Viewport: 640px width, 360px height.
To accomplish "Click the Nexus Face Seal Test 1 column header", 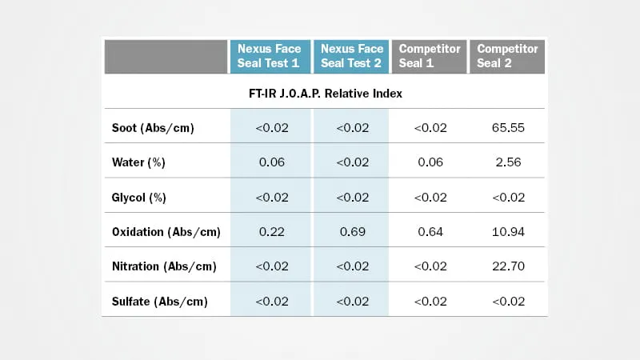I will click(269, 56).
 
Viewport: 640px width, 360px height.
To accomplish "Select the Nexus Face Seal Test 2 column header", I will click(351, 56).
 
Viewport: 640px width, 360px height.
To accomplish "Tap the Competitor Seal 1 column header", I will click(429, 56).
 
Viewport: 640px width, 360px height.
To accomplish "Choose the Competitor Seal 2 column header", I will click(507, 56).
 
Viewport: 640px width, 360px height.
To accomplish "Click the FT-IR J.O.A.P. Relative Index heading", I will click(325, 93).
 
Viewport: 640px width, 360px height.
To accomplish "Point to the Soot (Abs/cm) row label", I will click(153, 128).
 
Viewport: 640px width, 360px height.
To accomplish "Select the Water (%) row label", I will click(138, 162).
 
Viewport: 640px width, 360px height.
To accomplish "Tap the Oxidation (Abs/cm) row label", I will click(166, 232).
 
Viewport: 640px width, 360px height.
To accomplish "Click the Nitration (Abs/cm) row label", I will click(163, 266).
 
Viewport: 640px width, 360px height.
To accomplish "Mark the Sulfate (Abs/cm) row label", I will click(159, 302).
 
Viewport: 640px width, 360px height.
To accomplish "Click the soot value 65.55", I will click(508, 128).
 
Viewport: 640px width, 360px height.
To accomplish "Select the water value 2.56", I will click(508, 162).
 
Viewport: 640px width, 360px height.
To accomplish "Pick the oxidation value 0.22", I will click(272, 232).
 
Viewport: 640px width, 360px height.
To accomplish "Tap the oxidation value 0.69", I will click(352, 232).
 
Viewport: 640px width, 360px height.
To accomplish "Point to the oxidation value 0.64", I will click(430, 232).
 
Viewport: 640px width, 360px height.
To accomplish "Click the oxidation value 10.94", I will click(508, 232).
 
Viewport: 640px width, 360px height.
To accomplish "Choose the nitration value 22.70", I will click(508, 266).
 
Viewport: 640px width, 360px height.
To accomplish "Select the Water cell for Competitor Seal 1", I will click(430, 162).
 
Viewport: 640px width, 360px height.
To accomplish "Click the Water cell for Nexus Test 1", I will click(272, 162).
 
